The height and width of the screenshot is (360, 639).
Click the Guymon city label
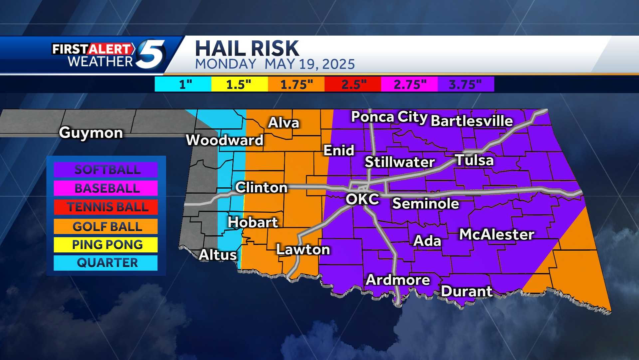point(91,133)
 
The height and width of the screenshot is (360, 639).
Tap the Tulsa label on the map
point(474,160)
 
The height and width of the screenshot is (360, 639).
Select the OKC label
point(362,199)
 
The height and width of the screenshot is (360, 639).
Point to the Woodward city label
point(225,140)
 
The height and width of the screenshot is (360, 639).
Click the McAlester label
point(497,235)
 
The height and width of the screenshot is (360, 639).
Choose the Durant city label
point(467,291)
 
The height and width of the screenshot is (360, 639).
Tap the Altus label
point(218,255)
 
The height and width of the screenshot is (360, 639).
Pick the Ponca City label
point(389,117)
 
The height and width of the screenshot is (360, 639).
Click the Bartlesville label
point(472,121)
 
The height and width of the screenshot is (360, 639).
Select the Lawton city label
point(303,250)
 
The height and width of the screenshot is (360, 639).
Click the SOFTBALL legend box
point(106,170)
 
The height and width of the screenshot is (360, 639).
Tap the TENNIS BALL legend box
point(106,207)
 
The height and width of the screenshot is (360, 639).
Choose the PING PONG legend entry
point(106,245)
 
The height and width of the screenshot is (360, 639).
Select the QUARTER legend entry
point(106,263)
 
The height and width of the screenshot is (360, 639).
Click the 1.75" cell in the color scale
point(296,84)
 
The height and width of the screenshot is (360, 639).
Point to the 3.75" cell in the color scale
point(465,84)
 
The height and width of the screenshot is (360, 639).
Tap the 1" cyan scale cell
point(183,84)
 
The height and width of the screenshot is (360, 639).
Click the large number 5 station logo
point(151,54)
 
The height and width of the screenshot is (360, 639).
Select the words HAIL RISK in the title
point(247,49)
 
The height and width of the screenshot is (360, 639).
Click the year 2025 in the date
point(338,64)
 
